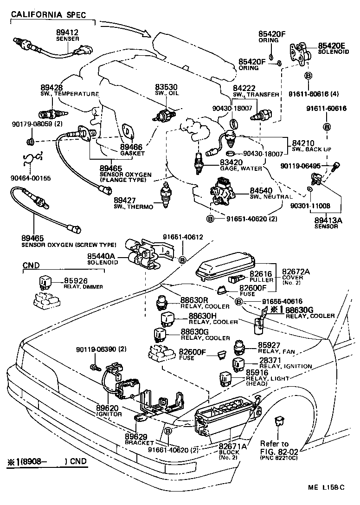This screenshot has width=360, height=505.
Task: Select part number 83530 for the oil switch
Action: pyautogui.click(x=166, y=87)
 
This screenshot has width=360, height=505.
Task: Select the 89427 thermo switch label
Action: pyautogui.click(x=126, y=200)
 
